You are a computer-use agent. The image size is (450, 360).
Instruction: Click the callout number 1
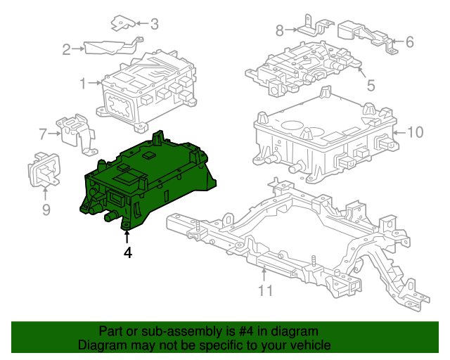click(x=82, y=84)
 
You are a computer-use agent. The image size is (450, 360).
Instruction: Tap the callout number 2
click(x=67, y=49)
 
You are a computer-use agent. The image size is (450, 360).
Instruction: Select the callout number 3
click(x=154, y=25)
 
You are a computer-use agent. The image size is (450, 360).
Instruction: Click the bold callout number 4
click(x=127, y=252)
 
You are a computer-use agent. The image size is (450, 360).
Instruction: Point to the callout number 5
click(x=371, y=86)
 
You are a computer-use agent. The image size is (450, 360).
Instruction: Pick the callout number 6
click(x=409, y=42)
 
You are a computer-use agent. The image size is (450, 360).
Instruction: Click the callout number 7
click(x=42, y=133)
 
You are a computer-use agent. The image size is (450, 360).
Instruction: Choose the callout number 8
click(x=279, y=30)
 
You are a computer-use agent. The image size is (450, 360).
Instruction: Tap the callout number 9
click(x=46, y=209)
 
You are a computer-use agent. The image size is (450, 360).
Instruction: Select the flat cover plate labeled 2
click(x=105, y=47)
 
